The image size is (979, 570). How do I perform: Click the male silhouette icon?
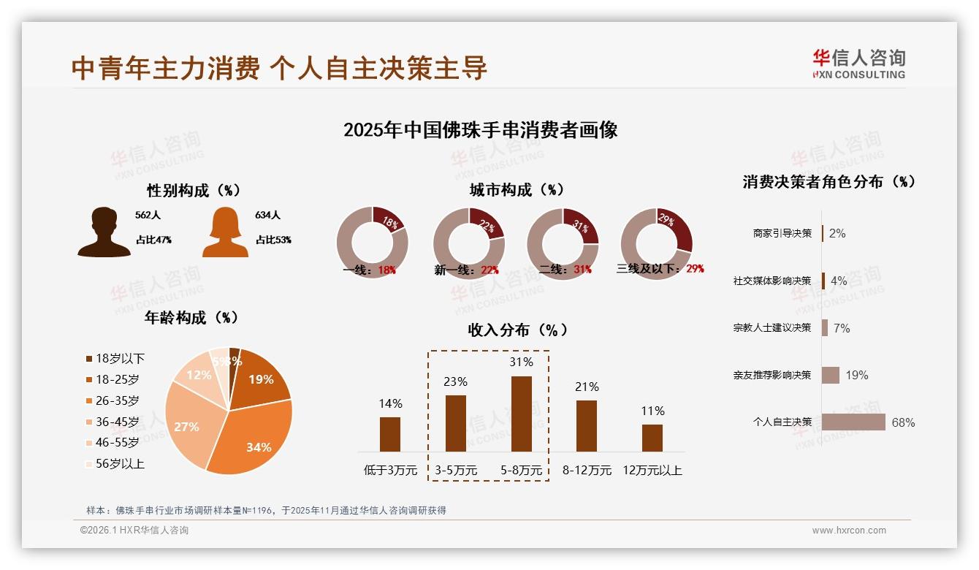point(104,232)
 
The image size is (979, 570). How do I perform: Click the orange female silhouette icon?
point(225,232)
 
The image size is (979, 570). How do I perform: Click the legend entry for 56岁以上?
point(115,463)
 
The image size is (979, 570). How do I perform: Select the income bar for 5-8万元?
point(521,414)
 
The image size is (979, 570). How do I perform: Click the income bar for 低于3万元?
point(390,434)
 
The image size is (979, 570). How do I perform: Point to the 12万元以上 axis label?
point(652,471)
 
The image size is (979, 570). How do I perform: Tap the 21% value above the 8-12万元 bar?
point(587,387)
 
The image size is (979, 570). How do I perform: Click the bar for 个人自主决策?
point(853,422)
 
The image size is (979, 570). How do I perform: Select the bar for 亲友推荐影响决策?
point(830,375)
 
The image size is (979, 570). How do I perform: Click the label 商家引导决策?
point(782,233)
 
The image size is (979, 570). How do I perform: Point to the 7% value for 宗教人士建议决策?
point(842,328)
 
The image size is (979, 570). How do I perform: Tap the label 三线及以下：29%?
point(660,269)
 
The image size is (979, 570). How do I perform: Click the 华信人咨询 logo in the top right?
point(858,64)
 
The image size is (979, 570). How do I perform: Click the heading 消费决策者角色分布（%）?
point(829,182)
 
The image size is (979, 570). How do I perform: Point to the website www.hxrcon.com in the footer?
point(849,531)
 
